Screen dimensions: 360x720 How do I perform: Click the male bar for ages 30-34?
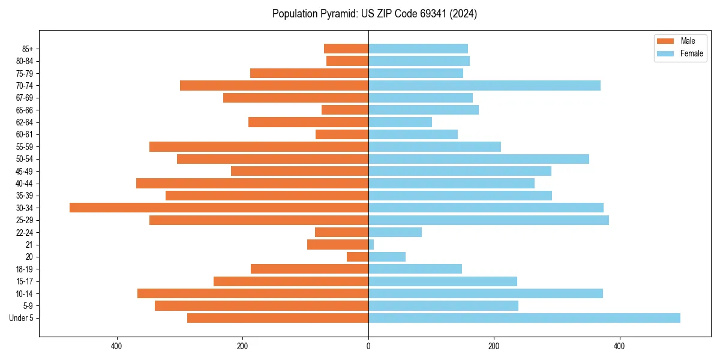point(219,208)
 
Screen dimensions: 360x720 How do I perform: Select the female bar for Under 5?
point(524,318)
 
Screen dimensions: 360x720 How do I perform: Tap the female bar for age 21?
point(371,245)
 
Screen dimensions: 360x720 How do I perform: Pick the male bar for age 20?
point(358,257)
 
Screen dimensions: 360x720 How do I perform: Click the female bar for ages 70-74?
point(484,86)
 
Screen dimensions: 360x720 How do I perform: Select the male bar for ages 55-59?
point(259,147)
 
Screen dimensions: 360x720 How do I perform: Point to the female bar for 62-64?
point(400,122)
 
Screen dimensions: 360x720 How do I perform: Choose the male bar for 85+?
point(346,49)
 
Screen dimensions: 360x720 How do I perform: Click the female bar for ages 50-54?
point(479,159)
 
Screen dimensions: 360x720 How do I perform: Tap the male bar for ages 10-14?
point(253,293)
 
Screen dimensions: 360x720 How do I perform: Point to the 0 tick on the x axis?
point(368,346)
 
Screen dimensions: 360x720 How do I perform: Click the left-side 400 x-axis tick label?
point(117,346)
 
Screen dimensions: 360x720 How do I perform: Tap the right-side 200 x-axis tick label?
point(494,346)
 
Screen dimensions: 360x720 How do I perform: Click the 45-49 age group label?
point(25,172)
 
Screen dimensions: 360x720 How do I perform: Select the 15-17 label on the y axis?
point(25,281)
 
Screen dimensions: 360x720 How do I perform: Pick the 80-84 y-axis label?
point(25,61)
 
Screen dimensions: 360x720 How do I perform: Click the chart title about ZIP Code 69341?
point(374,14)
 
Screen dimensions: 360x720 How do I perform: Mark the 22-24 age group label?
point(25,233)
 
